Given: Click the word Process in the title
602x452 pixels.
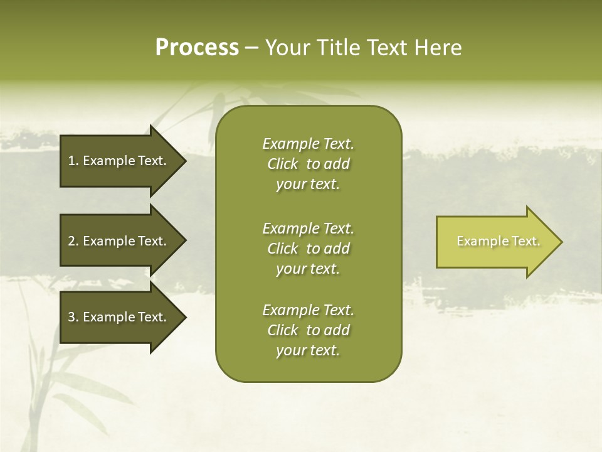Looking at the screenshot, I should pos(197,48).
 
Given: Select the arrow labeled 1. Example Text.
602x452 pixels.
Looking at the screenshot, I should pos(119,161).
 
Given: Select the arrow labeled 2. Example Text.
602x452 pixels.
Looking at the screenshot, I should pos(119,241).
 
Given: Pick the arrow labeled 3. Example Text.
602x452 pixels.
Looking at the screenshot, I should pos(119,317).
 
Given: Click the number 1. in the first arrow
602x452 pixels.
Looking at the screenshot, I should pos(73,161).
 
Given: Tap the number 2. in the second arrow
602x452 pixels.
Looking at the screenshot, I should pos(73,241).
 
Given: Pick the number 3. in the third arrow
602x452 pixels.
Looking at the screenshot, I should pos(73,317).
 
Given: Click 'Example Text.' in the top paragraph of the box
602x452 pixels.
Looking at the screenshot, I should pos(308,144).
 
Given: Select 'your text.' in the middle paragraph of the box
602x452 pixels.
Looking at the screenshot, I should pos(308,269).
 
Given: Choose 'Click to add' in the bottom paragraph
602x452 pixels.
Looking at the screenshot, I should pos(308,330).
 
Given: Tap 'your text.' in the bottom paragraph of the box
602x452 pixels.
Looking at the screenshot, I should pos(308,351).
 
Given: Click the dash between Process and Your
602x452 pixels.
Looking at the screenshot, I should pos(251,48).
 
